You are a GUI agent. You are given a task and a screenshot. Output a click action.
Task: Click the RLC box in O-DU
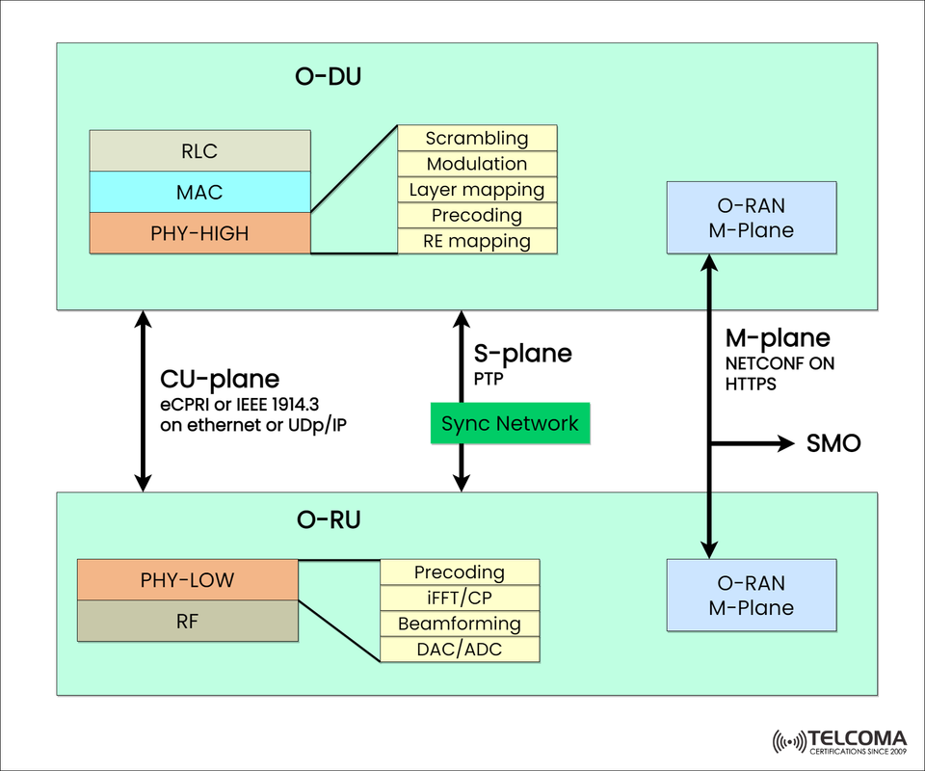pyautogui.click(x=199, y=150)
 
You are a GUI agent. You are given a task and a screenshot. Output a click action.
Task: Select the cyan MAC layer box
pyautogui.click(x=199, y=192)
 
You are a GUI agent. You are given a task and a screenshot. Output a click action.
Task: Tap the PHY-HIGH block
pyautogui.click(x=199, y=232)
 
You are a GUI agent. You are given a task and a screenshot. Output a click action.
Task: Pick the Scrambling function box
pyautogui.click(x=477, y=138)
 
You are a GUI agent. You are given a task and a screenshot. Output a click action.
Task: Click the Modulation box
pyautogui.click(x=477, y=164)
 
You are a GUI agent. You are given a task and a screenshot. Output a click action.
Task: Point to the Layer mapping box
pyautogui.click(x=477, y=190)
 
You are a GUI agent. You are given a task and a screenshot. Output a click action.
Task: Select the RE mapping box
pyautogui.click(x=477, y=241)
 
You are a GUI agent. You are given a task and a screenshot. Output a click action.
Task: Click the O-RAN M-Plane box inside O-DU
pyautogui.click(x=752, y=218)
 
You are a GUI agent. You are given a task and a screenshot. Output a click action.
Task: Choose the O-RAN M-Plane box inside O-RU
pyautogui.click(x=752, y=596)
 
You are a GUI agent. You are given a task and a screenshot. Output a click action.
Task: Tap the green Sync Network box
pyautogui.click(x=510, y=424)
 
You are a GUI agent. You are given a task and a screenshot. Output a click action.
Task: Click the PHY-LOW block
pyautogui.click(x=187, y=580)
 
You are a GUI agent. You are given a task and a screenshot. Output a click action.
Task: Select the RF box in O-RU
pyautogui.click(x=187, y=622)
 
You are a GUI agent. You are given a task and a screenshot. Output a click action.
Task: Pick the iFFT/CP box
pyautogui.click(x=460, y=598)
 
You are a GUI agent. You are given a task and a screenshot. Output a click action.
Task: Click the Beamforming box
pyautogui.click(x=460, y=624)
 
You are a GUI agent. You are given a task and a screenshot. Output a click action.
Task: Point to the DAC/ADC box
pyautogui.click(x=460, y=650)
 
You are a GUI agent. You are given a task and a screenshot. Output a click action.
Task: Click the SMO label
pyautogui.click(x=832, y=444)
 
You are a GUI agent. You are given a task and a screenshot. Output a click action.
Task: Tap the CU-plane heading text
pyautogui.click(x=219, y=379)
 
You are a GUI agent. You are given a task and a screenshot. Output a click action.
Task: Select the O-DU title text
pyautogui.click(x=328, y=77)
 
